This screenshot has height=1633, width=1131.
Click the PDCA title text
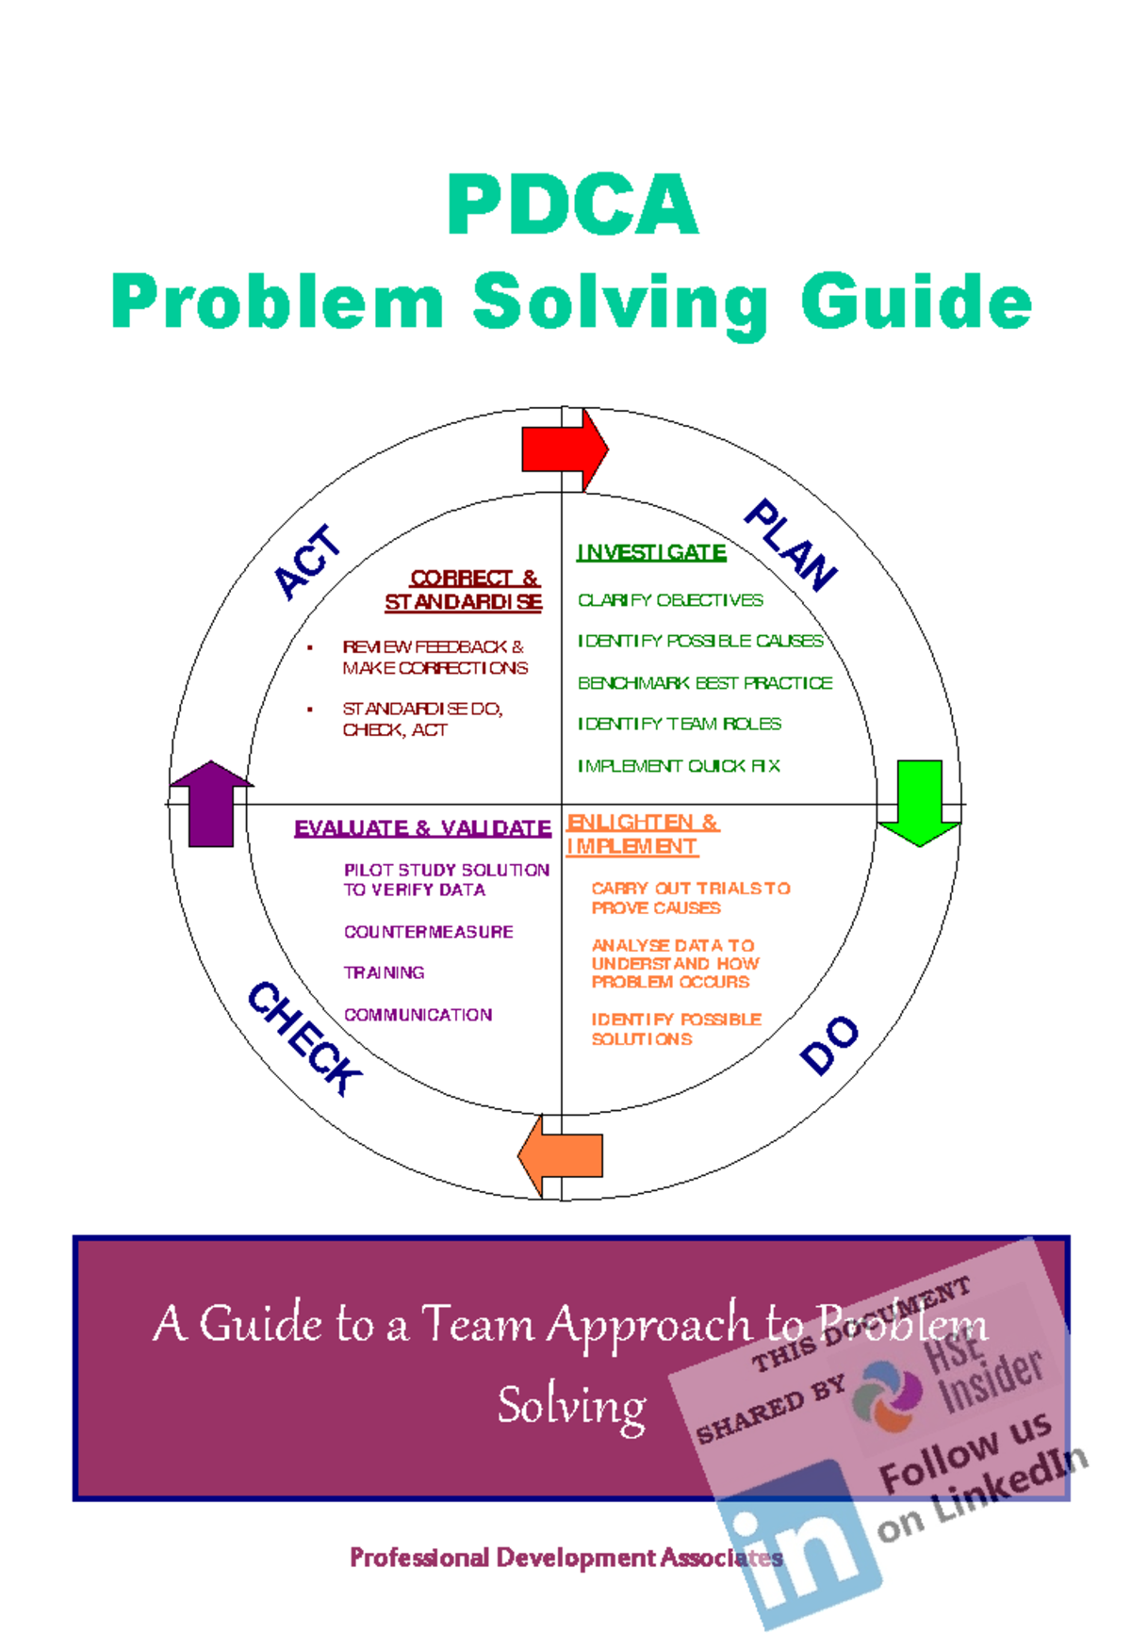(572, 204)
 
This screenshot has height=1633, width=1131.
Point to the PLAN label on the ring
(791, 545)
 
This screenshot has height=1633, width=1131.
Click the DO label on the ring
(829, 1044)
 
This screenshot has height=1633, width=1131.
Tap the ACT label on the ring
(307, 563)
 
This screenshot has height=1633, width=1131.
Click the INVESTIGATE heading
(651, 552)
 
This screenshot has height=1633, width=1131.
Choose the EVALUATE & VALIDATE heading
(422, 828)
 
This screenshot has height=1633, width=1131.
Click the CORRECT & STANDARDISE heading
(464, 590)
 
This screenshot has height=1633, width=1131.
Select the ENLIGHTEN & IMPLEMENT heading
(641, 834)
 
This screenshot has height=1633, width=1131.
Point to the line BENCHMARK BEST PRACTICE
(705, 682)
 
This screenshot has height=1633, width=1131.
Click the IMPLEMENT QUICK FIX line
(679, 765)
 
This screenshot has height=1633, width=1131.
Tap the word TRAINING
(384, 972)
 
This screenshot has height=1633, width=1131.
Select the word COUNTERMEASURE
(428, 931)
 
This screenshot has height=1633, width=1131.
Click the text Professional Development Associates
(565, 1557)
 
